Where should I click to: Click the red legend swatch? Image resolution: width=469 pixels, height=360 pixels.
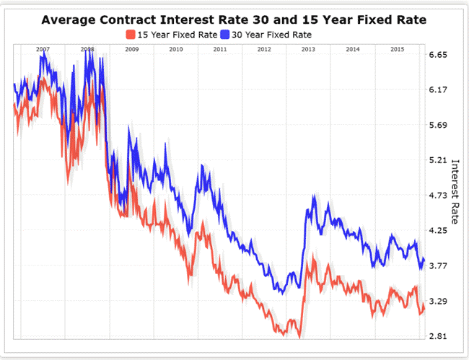point(130,33)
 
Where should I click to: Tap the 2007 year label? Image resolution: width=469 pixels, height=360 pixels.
point(43,49)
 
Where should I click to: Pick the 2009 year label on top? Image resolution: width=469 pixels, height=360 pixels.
point(131,49)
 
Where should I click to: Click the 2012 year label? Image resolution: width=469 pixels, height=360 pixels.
point(264,49)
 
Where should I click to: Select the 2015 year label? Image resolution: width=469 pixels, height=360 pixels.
point(397,49)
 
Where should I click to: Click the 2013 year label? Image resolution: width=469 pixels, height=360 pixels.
point(308,49)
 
